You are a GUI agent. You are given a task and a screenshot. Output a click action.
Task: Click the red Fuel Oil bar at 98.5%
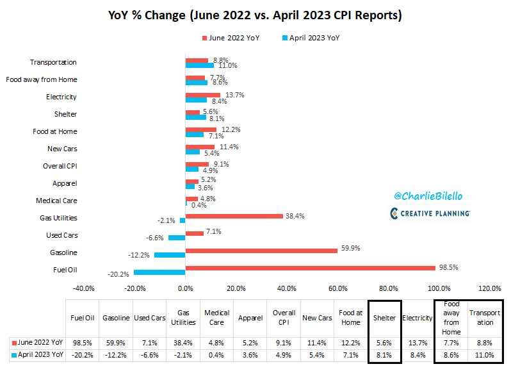pyautogui.click(x=312, y=267)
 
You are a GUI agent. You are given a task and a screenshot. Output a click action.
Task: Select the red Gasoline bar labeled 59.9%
pyautogui.click(x=261, y=250)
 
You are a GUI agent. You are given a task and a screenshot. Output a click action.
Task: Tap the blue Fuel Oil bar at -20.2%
pyautogui.click(x=159, y=272)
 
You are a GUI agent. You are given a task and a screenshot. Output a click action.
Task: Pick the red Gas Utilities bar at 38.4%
pyautogui.click(x=234, y=215)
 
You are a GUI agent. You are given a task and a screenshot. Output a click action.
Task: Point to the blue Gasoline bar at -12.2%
pyautogui.click(x=170, y=255)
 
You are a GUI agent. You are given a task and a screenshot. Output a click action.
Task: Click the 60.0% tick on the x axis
pyautogui.click(x=337, y=288)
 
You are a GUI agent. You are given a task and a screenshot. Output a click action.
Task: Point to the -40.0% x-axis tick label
pyautogui.click(x=84, y=288)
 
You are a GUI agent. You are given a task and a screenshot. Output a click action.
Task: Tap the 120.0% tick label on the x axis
pyautogui.click(x=489, y=288)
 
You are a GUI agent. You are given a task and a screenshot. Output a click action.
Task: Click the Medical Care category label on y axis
pyautogui.click(x=56, y=201)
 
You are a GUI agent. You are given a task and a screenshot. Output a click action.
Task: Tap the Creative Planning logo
pyautogui.click(x=430, y=213)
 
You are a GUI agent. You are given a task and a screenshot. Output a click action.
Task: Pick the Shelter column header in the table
pyautogui.click(x=384, y=318)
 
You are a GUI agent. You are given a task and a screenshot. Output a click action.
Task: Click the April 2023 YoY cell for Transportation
pyautogui.click(x=485, y=354)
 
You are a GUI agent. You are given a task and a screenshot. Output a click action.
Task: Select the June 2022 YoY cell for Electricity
pyautogui.click(x=418, y=342)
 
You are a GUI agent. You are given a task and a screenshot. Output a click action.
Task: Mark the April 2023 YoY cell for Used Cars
pyautogui.click(x=150, y=354)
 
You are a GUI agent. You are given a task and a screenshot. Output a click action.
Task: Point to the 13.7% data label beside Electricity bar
pyautogui.click(x=234, y=94)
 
